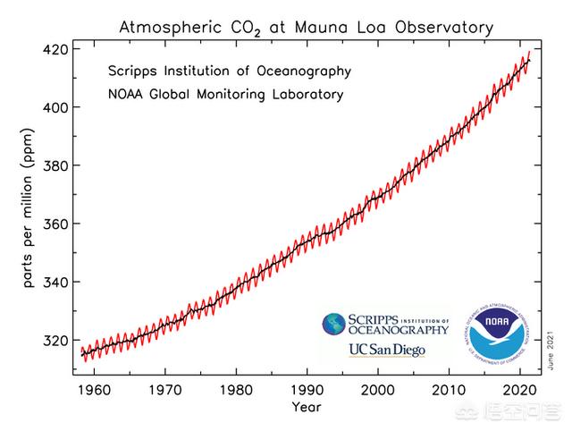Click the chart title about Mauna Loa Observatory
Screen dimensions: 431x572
307,27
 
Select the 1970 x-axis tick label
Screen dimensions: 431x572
166,390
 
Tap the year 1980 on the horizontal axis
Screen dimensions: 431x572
237,390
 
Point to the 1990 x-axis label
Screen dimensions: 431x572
307,390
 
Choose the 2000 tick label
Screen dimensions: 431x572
378,390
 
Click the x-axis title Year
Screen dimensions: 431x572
307,408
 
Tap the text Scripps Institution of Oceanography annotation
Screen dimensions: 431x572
229,71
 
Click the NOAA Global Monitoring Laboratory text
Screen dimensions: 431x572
226,93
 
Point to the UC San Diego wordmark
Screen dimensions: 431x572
386,349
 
